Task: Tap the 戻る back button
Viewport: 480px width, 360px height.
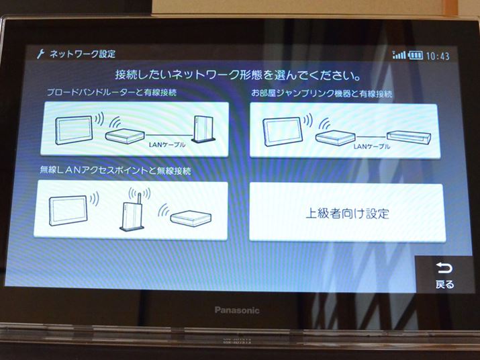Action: point(444,275)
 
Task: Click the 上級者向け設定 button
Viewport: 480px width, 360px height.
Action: point(347,213)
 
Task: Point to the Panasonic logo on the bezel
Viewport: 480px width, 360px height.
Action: point(237,310)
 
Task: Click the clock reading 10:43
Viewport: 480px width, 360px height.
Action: point(438,56)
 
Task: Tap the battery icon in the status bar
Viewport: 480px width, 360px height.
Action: point(416,56)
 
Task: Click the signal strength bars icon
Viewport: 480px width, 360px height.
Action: point(399,55)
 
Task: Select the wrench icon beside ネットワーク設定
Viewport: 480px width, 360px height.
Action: point(40,54)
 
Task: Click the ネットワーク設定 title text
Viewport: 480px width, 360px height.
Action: point(83,54)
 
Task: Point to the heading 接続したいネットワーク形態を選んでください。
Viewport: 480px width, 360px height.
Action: point(238,75)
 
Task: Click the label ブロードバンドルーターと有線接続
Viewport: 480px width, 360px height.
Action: point(111,92)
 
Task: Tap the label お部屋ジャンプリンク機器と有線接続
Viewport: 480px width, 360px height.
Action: point(322,93)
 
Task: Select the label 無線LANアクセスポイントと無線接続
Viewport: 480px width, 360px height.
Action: point(115,170)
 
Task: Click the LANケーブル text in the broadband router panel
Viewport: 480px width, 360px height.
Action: point(167,144)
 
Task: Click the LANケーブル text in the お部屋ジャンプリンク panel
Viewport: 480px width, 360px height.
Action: point(372,146)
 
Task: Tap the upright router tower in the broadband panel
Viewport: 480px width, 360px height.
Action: point(203,129)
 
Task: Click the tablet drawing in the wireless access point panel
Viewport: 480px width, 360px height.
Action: point(68,210)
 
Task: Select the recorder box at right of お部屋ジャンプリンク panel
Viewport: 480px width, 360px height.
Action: point(409,138)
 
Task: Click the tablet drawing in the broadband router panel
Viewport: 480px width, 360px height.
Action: point(74,130)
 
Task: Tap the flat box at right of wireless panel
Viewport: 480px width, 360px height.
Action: point(191,218)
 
